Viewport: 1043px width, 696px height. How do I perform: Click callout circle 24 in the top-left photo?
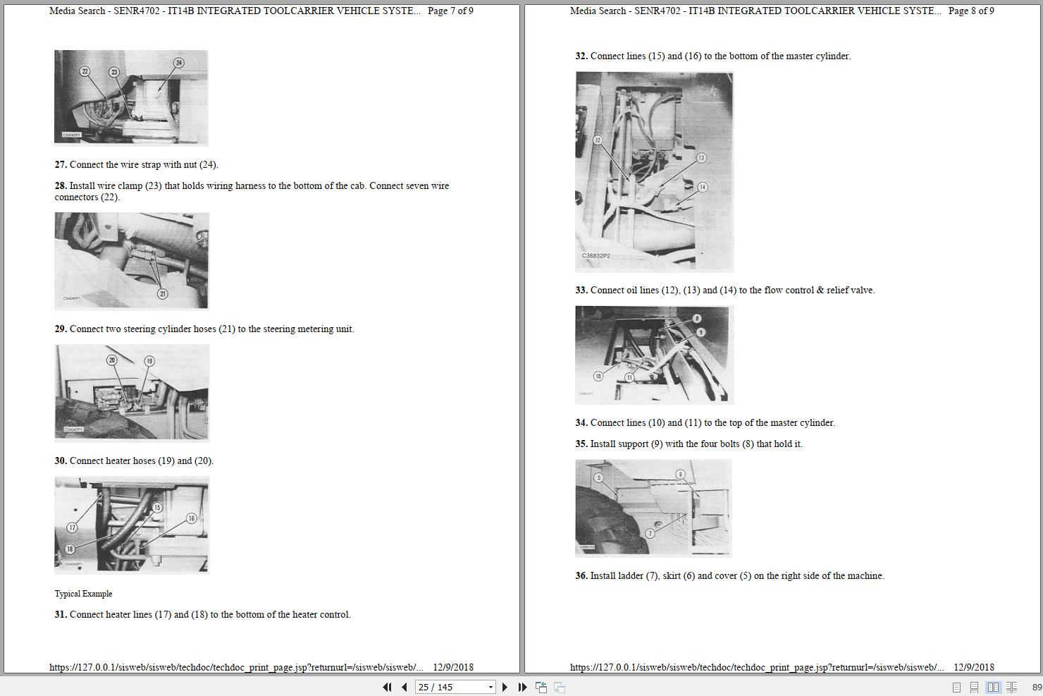178,63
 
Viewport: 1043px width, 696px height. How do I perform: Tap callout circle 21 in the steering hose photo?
162,294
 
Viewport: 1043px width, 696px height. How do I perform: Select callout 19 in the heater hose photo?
149,361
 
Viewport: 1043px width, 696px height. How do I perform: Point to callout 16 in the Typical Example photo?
191,518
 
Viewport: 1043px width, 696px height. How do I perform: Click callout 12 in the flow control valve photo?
598,140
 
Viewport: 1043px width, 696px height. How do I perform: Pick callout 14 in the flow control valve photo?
702,187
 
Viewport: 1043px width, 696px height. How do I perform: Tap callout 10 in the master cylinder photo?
598,376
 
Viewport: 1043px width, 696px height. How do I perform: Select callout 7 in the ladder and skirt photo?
650,533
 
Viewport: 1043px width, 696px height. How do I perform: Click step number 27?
61,165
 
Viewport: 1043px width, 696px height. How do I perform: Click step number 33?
581,291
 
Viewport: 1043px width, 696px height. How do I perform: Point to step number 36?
581,576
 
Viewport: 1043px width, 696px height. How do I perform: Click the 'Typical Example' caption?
83,594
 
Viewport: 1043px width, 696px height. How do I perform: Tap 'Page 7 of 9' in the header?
450,11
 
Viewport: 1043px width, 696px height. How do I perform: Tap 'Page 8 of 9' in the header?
971,11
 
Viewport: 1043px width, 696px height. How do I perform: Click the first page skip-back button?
387,687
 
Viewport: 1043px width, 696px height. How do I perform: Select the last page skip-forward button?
522,687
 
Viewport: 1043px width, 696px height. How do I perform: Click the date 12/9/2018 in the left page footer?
453,667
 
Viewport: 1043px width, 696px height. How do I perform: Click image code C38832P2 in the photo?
595,256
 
